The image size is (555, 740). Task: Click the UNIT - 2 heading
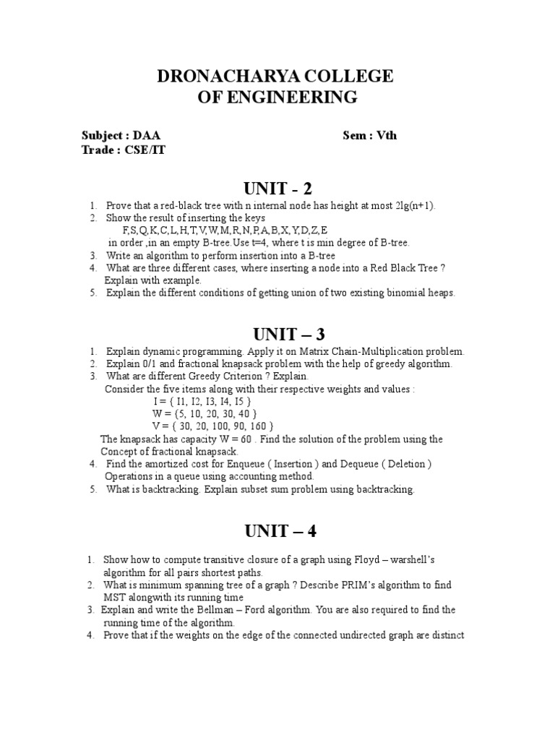277,189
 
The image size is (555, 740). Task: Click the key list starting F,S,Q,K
225,230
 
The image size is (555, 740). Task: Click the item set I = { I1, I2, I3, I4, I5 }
202,401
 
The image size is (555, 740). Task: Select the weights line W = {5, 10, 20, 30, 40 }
204,413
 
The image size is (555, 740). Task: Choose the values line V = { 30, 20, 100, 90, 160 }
213,426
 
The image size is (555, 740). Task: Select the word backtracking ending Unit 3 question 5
379,489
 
